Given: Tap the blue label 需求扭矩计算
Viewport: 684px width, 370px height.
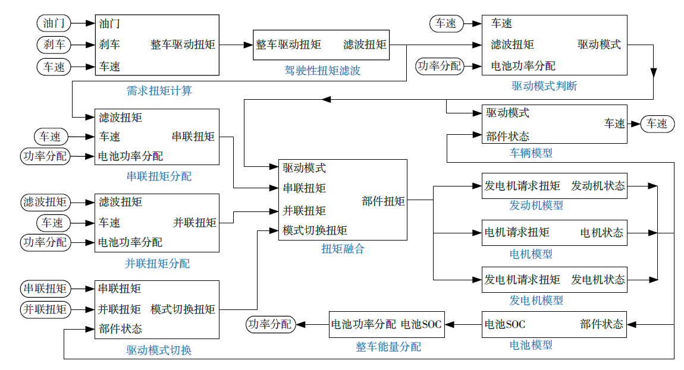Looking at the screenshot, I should click(159, 91).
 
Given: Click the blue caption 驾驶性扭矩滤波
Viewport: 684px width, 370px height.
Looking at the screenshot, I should click(322, 71).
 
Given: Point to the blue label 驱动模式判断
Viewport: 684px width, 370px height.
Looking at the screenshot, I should click(544, 86).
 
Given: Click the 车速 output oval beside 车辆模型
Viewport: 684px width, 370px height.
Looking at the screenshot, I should click(657, 124).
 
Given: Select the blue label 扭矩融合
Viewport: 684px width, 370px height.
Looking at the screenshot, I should click(343, 249).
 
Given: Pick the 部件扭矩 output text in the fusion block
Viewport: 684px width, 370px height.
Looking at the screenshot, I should click(383, 201).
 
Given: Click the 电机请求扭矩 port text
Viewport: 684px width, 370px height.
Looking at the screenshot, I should click(517, 232).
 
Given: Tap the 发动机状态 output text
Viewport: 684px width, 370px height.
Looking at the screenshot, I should click(598, 186).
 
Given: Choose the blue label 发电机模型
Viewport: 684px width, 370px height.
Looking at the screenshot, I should click(536, 301).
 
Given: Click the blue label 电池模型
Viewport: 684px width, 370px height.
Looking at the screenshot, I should click(531, 344).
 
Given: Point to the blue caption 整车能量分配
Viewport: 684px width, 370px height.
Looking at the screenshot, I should click(388, 346).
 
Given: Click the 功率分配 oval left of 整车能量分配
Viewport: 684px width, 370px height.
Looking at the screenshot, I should click(269, 324).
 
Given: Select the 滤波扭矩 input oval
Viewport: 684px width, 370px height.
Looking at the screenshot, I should click(45, 202).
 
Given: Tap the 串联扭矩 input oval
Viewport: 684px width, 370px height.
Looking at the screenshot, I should click(45, 289).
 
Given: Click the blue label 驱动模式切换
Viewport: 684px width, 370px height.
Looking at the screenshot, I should click(159, 350).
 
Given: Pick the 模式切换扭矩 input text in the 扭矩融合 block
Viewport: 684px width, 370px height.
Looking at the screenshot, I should click(315, 230).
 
